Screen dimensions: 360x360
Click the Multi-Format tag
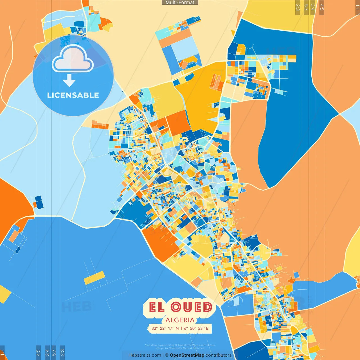180,3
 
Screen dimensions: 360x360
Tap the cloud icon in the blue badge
73,59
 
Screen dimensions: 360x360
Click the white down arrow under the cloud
69,81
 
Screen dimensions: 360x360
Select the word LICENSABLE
73,95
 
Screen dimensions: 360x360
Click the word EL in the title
157,307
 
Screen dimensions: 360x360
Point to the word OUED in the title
192,307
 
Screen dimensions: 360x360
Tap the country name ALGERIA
180,320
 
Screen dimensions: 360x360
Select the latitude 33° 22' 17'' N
165,328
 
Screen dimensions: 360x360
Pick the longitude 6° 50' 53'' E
197,328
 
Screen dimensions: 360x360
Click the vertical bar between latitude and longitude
181,328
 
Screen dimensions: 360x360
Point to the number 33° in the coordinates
154,328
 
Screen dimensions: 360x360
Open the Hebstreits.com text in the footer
145,355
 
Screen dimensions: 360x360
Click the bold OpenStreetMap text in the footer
187,355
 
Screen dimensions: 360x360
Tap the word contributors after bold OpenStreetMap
219,355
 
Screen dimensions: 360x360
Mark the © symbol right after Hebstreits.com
167,355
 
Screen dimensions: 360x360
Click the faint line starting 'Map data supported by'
180,345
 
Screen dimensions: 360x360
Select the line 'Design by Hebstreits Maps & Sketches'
180,348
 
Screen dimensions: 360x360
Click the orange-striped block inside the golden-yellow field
217,82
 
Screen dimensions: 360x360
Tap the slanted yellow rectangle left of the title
94,278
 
